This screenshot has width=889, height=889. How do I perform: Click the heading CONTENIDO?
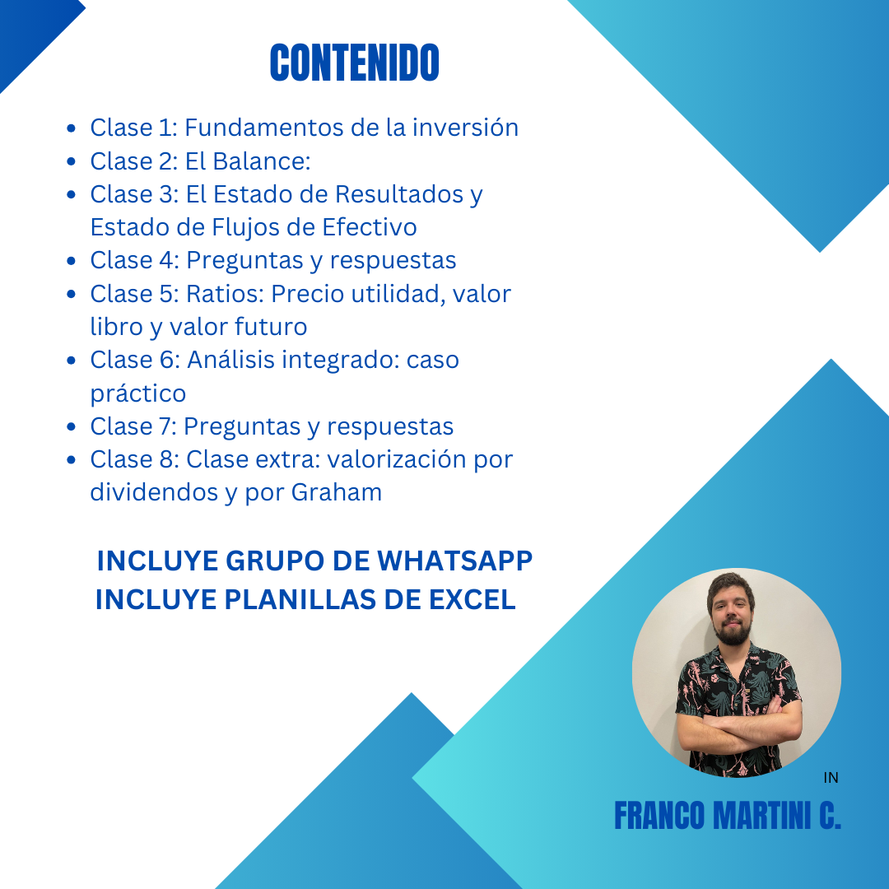click(354, 63)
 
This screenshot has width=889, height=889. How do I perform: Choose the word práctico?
click(137, 393)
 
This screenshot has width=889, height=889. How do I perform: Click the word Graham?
click(336, 493)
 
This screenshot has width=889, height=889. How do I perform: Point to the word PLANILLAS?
click(300, 599)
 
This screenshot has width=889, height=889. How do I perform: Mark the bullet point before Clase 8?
click(72, 460)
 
